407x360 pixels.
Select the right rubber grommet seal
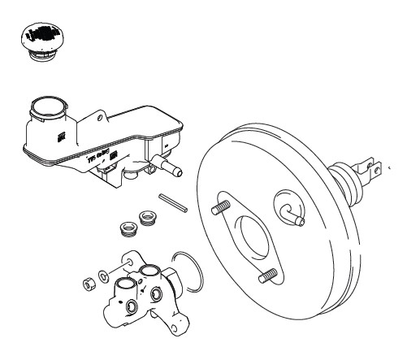coord(147,219)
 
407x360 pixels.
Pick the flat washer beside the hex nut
coord(101,276)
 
